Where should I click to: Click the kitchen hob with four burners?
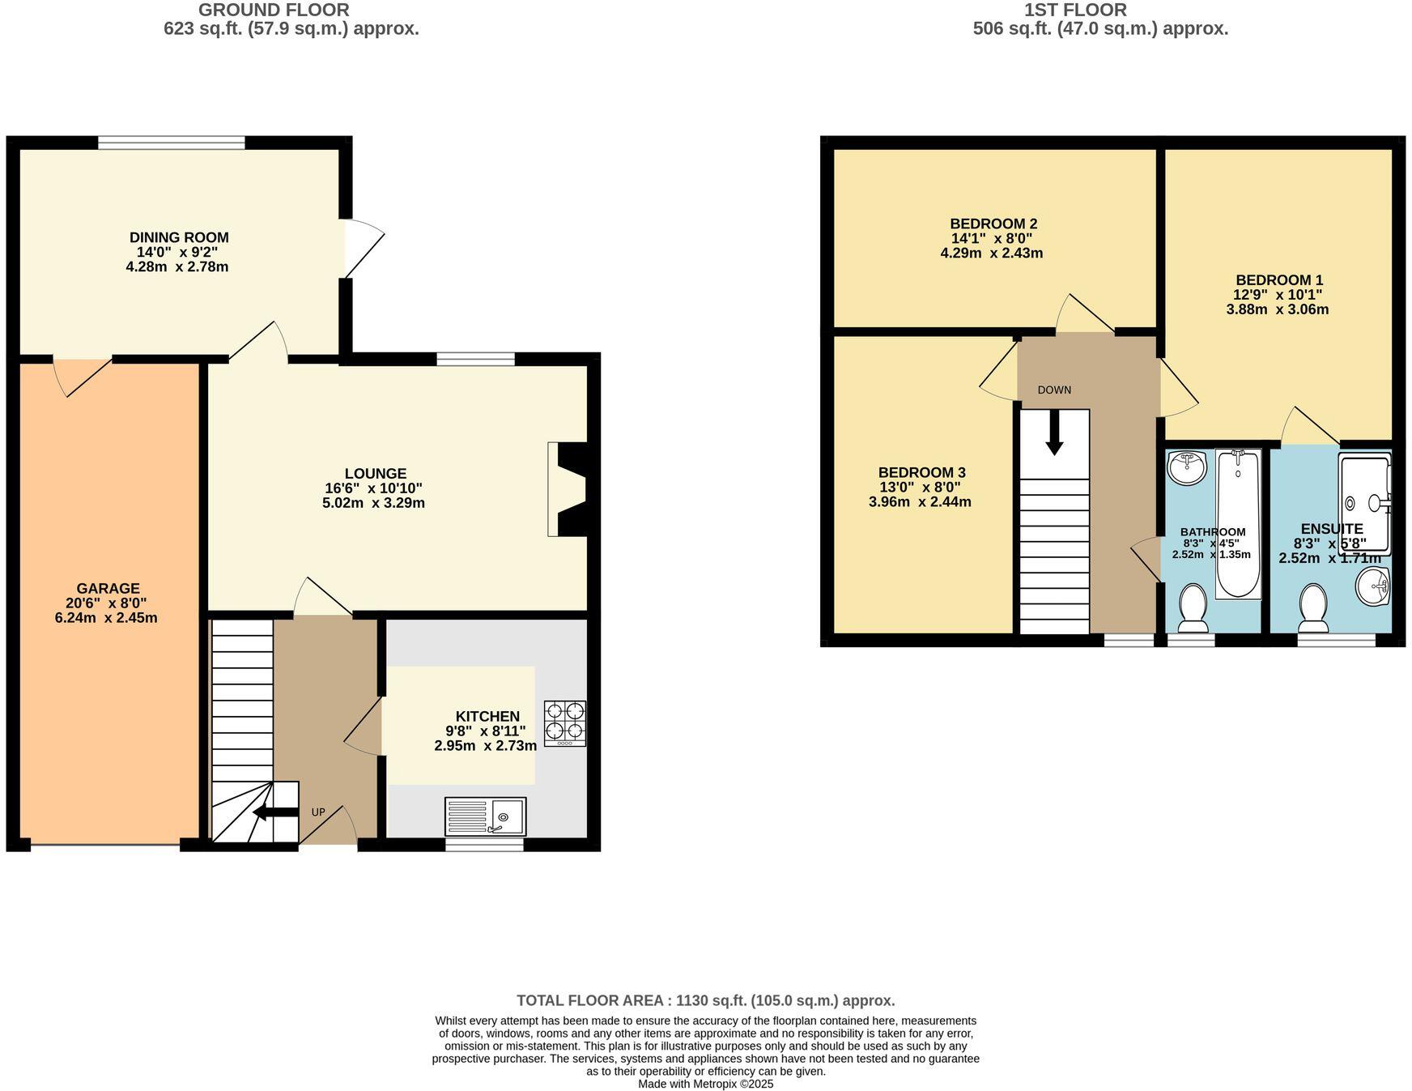564,722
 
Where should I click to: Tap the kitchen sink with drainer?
485,816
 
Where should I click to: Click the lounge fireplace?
572,488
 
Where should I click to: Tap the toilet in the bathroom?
1193,607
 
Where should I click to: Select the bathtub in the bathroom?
1238,524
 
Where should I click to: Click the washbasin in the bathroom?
1187,467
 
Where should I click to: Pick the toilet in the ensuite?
1313,608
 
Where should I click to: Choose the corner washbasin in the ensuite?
1373,586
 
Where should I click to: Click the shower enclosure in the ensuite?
1365,503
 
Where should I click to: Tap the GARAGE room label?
108,589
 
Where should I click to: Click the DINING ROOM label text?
179,237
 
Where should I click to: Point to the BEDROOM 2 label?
993,224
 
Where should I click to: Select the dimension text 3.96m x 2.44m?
920,502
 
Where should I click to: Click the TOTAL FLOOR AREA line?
705,1000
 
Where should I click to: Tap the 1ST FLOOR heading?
1074,11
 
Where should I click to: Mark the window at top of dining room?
171,143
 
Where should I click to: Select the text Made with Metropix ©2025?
705,1084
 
